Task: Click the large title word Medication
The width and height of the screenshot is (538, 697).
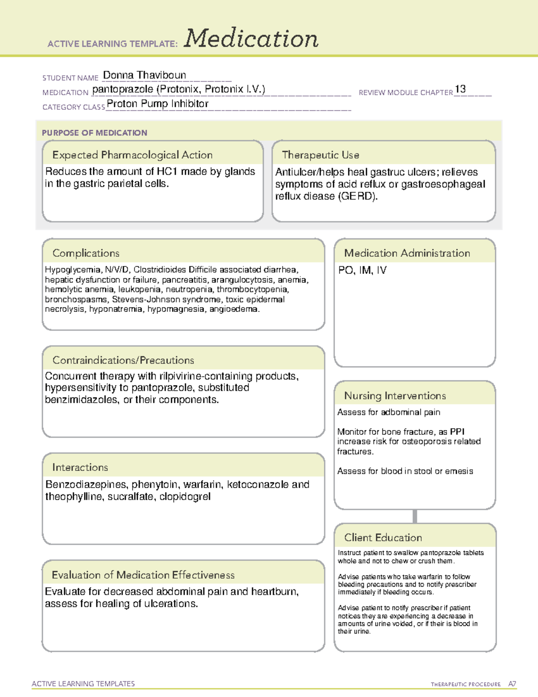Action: point(251,39)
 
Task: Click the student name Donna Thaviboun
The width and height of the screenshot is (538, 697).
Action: point(144,75)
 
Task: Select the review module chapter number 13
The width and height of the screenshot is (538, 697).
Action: point(460,89)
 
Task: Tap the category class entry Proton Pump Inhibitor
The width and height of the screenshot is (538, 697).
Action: point(157,104)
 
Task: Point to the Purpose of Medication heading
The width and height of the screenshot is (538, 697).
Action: point(94,133)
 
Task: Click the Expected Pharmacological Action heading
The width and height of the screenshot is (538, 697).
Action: point(132,155)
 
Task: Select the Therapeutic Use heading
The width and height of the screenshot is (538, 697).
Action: point(320,155)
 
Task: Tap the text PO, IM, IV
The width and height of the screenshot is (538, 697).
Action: point(362,270)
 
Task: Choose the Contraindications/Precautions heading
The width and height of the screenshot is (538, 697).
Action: point(123,360)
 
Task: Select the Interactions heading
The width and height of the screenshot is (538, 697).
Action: point(80,468)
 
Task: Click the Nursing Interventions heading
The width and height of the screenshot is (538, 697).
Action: point(395,396)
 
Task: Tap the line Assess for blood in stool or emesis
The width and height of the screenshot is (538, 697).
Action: point(405,471)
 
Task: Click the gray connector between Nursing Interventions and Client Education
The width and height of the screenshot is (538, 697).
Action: point(415,516)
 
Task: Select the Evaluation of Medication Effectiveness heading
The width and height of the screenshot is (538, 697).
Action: point(143,575)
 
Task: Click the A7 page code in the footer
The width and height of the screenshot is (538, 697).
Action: point(512,684)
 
